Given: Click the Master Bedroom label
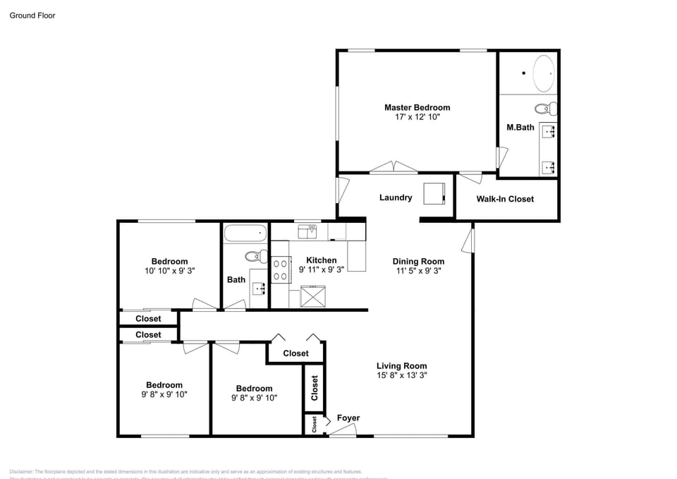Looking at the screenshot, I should [x=417, y=107].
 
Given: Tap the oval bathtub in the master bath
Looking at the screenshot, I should [x=543, y=74].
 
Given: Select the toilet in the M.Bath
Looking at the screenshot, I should [x=544, y=109].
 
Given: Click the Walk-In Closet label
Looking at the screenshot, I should [x=505, y=199].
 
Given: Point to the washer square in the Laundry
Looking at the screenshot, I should [x=434, y=193].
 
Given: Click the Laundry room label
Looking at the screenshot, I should [x=395, y=198].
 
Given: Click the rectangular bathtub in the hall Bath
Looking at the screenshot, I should [x=245, y=232].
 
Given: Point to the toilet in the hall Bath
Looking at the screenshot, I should [x=255, y=256].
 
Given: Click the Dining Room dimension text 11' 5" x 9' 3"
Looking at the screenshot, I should [x=418, y=270].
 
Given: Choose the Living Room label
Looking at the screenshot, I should [x=401, y=365].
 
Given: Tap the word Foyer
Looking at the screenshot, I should [x=348, y=418].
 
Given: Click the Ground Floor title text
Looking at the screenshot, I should [x=32, y=15].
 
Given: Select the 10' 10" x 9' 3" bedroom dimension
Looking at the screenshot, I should [x=169, y=270].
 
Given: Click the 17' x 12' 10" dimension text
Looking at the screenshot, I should [x=417, y=117].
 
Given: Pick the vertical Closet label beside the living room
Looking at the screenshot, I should [x=315, y=387].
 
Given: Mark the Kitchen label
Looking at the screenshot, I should [x=321, y=260].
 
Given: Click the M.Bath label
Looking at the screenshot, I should [x=520, y=128].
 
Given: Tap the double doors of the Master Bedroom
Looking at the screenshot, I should [x=394, y=168].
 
